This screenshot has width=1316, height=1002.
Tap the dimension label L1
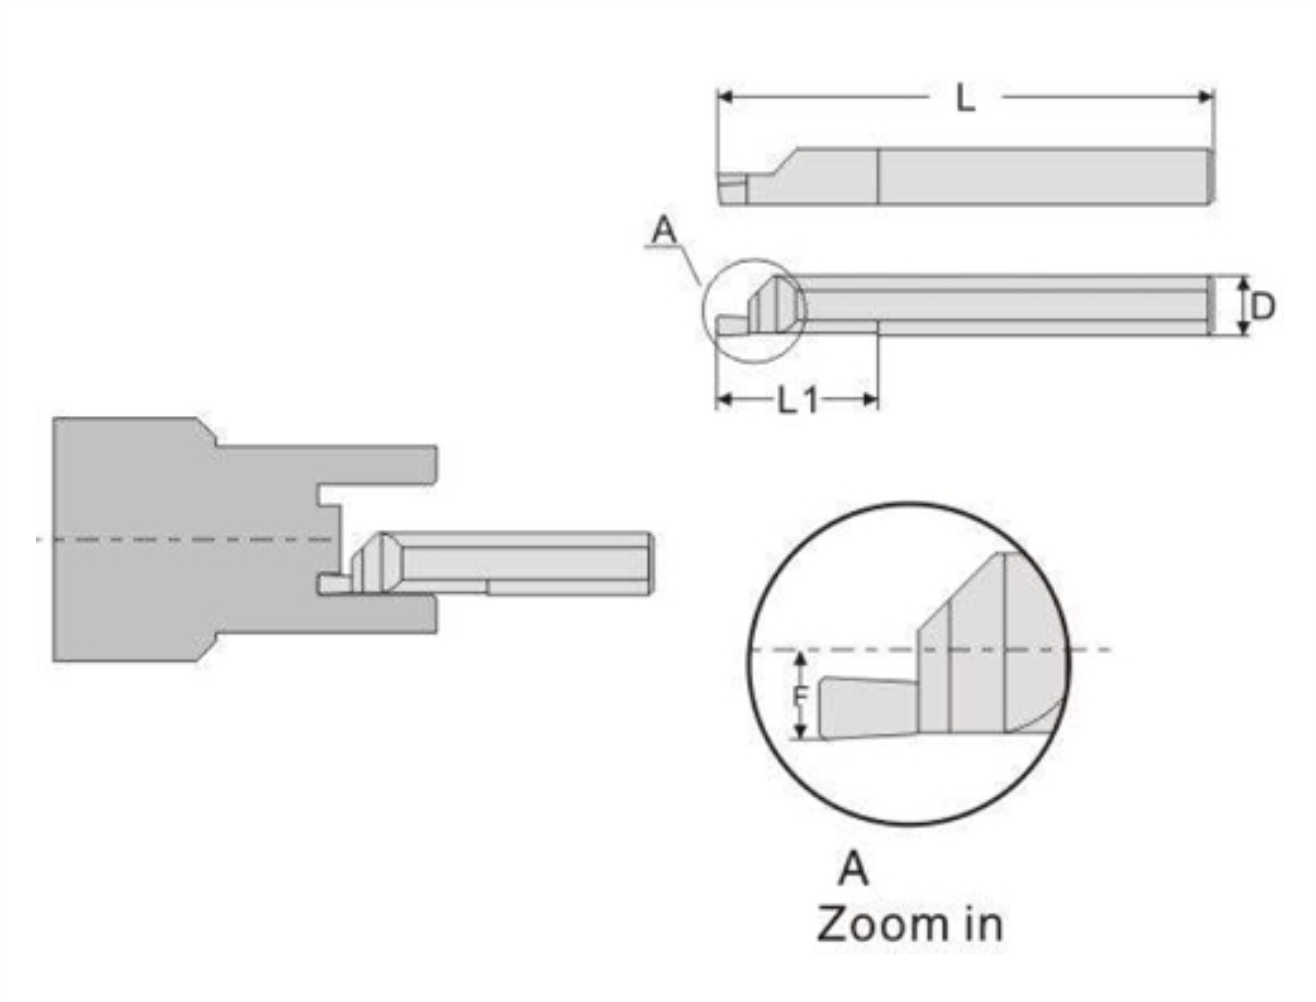(x=798, y=400)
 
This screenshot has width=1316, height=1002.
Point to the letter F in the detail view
(x=801, y=696)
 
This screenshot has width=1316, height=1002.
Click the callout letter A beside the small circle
(x=664, y=229)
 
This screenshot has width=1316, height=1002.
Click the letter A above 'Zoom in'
(x=853, y=869)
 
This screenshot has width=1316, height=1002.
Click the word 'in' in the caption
(x=983, y=924)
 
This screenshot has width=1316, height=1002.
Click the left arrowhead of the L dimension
(x=724, y=96)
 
